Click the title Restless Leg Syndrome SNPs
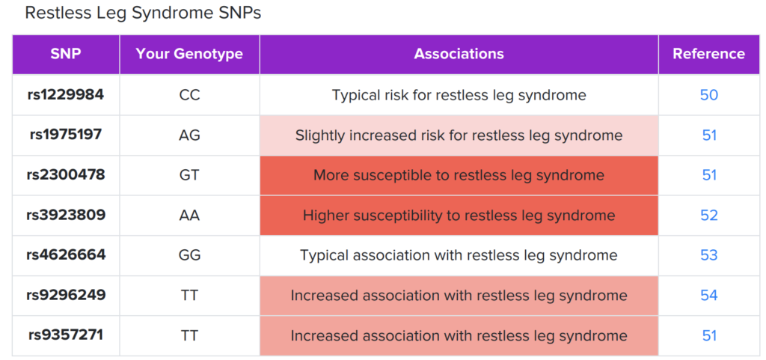143,13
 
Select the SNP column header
66,54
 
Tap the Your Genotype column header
189,54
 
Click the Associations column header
459,54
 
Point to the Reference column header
708,54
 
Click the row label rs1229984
66,95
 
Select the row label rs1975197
66,135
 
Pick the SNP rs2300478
66,175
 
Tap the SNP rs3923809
66,215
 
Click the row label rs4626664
66,255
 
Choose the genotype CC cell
189,95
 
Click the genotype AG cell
189,135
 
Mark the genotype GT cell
189,175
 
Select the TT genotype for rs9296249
189,295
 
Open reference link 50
708,95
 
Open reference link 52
708,216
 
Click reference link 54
708,295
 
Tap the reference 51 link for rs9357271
708,335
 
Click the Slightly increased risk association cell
459,135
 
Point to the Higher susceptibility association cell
459,216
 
